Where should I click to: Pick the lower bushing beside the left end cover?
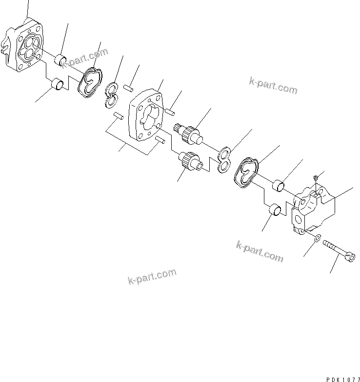click(x=58, y=86)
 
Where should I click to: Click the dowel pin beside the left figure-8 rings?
click(x=129, y=88)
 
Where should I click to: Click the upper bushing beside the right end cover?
click(x=279, y=185)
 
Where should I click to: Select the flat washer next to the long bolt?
click(x=317, y=238)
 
